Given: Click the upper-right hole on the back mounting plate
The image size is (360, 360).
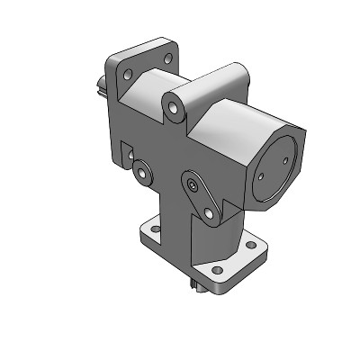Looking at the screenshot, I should tap(167, 58).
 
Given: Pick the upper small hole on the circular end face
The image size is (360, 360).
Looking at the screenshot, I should tap(285, 160).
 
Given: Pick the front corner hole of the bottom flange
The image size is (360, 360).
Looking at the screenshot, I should tap(214, 269).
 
